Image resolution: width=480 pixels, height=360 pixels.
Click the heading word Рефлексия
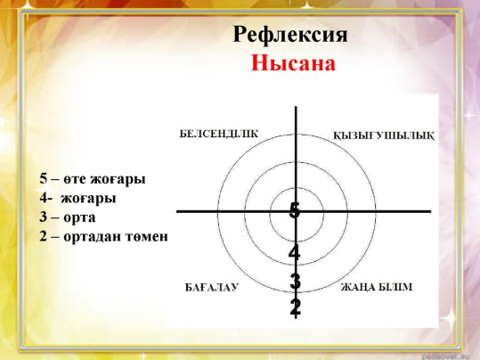coord(290,35)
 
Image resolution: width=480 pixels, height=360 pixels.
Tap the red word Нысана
coord(293,62)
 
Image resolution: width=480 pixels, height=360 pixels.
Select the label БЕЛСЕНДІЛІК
coord(218,134)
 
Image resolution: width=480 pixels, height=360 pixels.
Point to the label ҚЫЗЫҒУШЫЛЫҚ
coord(384,135)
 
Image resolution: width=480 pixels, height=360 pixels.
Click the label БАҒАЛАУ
coord(212,288)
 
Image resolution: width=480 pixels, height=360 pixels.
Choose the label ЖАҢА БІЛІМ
coord(377,287)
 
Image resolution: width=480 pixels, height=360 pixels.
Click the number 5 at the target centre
coord(295,210)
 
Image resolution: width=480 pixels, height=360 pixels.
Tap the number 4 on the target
coord(294,253)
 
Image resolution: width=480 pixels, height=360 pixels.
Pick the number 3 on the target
coord(295,282)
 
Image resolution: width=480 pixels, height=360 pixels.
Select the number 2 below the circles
coord(296,307)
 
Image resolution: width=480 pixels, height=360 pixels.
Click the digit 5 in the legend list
coord(43,178)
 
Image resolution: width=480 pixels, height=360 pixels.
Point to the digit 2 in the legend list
coord(43,236)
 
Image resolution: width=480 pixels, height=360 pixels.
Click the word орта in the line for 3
coord(79,217)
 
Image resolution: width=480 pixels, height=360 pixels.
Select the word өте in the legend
coord(73,179)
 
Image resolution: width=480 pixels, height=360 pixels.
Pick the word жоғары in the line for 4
coord(88,199)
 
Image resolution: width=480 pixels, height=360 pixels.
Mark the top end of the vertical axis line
coord(296,107)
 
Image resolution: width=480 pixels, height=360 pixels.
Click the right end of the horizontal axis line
coord(430,211)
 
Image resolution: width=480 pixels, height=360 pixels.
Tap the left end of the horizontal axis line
coord(177,211)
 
